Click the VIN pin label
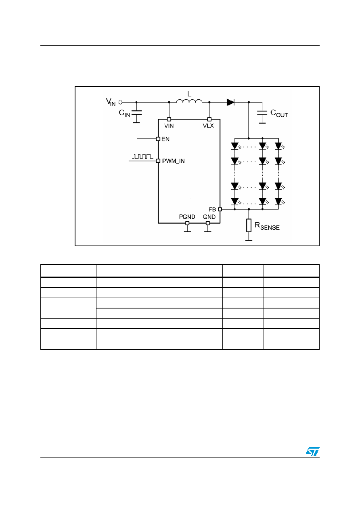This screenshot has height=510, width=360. (169, 126)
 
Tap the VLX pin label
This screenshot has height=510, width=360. (208, 126)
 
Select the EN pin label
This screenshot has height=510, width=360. (165, 139)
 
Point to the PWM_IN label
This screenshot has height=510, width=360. (174, 161)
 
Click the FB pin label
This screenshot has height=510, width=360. (212, 209)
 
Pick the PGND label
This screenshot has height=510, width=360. (187, 217)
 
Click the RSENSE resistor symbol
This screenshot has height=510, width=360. (249, 225)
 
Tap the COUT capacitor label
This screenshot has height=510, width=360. (279, 113)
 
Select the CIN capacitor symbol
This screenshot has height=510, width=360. (136, 113)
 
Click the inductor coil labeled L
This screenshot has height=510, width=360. (189, 101)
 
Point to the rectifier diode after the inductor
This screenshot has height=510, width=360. (230, 102)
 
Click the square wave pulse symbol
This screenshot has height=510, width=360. (143, 156)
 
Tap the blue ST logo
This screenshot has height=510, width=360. (312, 451)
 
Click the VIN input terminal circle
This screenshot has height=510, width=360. (121, 102)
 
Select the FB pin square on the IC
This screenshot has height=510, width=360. (220, 209)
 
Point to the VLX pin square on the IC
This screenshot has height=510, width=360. (209, 119)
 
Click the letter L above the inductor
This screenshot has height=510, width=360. (189, 94)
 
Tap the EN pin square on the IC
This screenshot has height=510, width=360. (158, 139)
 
